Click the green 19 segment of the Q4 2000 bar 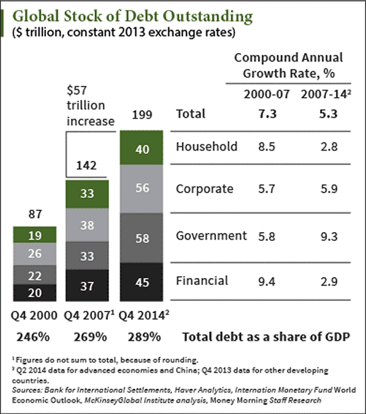click(x=34, y=235)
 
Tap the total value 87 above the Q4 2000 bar click(x=34, y=214)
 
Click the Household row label click(x=206, y=146)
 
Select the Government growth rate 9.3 click(x=326, y=236)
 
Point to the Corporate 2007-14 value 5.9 click(x=326, y=189)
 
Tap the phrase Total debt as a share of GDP click(x=266, y=337)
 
